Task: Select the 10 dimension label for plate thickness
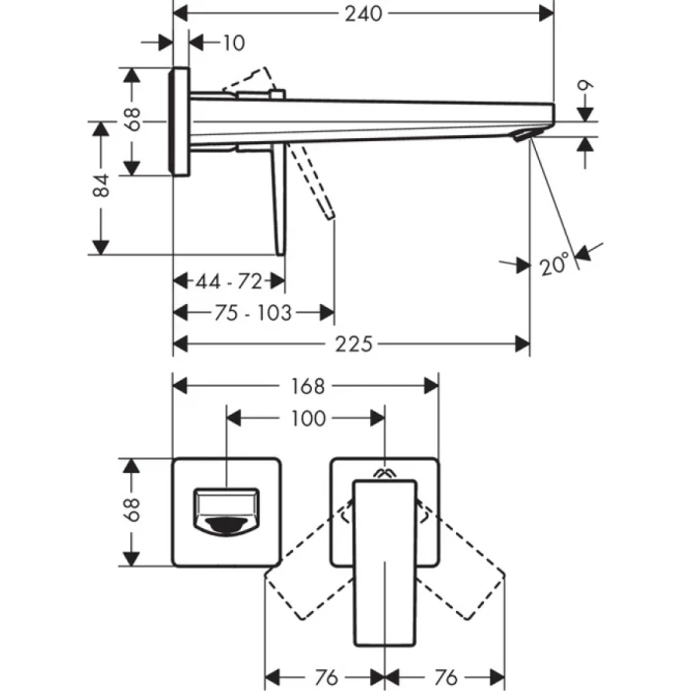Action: (x=233, y=42)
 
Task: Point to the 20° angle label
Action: (x=555, y=265)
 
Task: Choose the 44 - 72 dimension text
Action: (x=228, y=281)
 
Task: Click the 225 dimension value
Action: (x=353, y=344)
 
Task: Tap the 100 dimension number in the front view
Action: (x=308, y=419)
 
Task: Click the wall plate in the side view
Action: (x=180, y=122)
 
